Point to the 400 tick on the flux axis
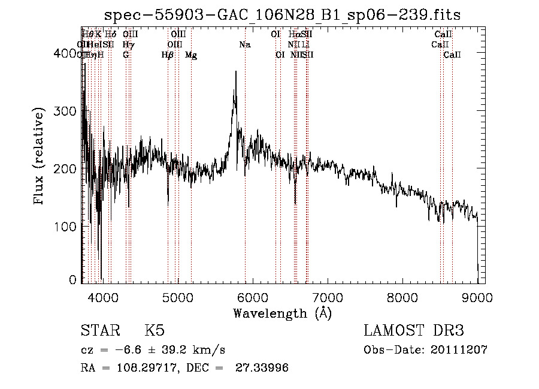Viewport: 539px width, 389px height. point(68,53)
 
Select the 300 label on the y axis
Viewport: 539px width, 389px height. point(68,111)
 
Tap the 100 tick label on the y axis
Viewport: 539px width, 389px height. point(68,227)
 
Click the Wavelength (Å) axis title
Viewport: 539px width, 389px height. point(282,313)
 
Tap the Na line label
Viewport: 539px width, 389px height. point(245,45)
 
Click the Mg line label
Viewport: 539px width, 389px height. point(191,55)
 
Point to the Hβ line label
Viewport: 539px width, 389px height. point(168,55)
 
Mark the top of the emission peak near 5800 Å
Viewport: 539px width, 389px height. point(236,71)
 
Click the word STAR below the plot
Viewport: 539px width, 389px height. point(99,331)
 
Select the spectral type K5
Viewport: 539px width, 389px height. point(155,331)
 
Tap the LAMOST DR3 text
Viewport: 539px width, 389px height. point(414,331)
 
